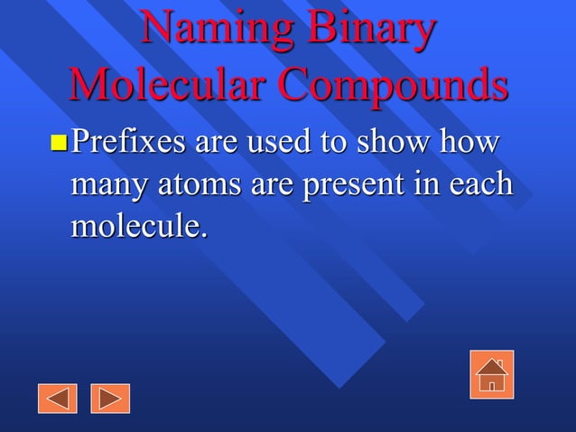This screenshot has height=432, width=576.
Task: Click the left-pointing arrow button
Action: tap(57, 398)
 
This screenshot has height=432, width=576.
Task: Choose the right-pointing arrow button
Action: tap(110, 398)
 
